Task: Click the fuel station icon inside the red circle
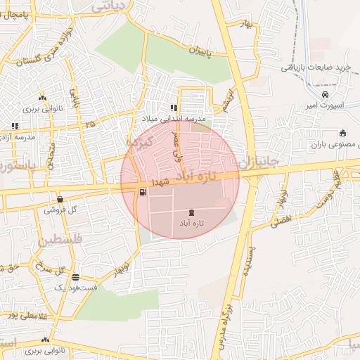click(143, 191)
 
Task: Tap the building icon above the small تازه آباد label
click(192, 212)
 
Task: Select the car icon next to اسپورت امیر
click(325, 95)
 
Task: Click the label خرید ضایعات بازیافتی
click(316, 67)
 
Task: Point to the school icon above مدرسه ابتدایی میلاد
click(173, 108)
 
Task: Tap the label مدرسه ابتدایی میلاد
click(173, 119)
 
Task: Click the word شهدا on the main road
click(172, 180)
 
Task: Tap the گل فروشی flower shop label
click(60, 210)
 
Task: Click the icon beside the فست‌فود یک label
click(75, 277)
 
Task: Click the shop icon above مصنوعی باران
click(342, 133)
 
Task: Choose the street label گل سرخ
click(49, 270)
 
